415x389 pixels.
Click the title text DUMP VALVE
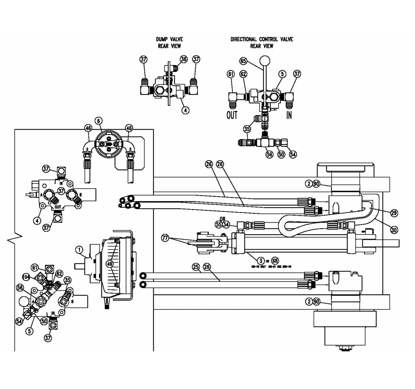(x=169, y=39)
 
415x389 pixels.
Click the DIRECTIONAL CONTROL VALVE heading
(x=262, y=39)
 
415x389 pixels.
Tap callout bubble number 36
(x=183, y=59)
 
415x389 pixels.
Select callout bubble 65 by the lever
(x=243, y=61)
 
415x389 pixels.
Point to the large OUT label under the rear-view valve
(x=232, y=115)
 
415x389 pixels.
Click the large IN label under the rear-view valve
(x=289, y=115)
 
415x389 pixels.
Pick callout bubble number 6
(x=99, y=121)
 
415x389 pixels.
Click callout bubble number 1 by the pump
(x=79, y=250)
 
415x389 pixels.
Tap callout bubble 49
(x=110, y=263)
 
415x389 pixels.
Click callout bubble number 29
(x=394, y=213)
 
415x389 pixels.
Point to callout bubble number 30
(x=394, y=230)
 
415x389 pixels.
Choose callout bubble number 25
(x=196, y=267)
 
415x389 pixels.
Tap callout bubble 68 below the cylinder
(x=275, y=261)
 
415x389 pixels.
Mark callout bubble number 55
(x=219, y=224)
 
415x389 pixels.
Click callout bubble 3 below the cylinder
(x=260, y=261)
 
